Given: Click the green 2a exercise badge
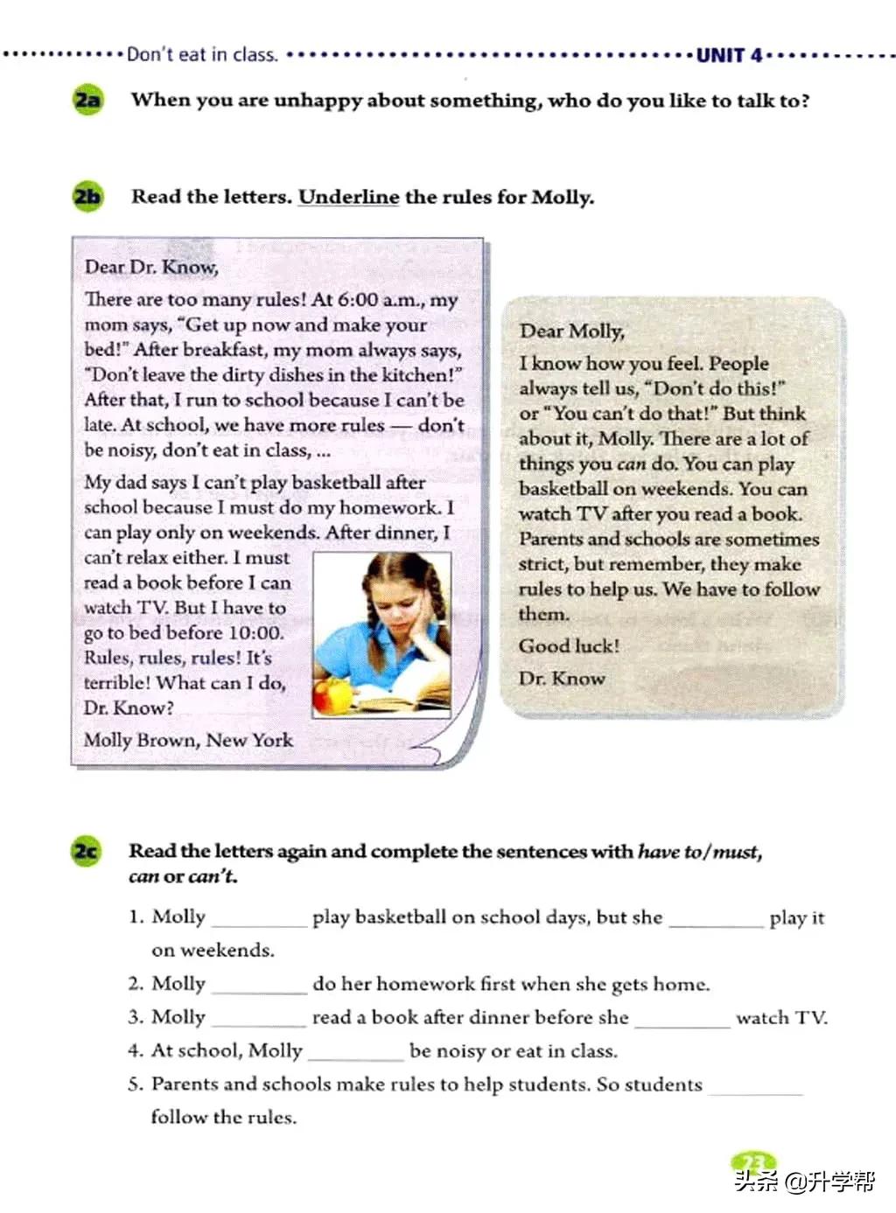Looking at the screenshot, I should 87,100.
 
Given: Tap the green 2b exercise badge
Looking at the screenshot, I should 87,196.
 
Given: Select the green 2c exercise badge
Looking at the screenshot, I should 86,851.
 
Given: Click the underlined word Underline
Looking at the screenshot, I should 348,197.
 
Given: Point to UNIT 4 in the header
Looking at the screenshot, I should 729,55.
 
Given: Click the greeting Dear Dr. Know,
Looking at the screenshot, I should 151,267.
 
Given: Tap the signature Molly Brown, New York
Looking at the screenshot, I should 188,740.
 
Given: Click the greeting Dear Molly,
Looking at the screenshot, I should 571,331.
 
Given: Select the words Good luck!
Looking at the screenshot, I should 569,646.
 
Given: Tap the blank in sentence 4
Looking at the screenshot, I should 355,1052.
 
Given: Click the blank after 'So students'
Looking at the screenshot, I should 755,1086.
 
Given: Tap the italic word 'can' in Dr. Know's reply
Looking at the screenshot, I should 631,464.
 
